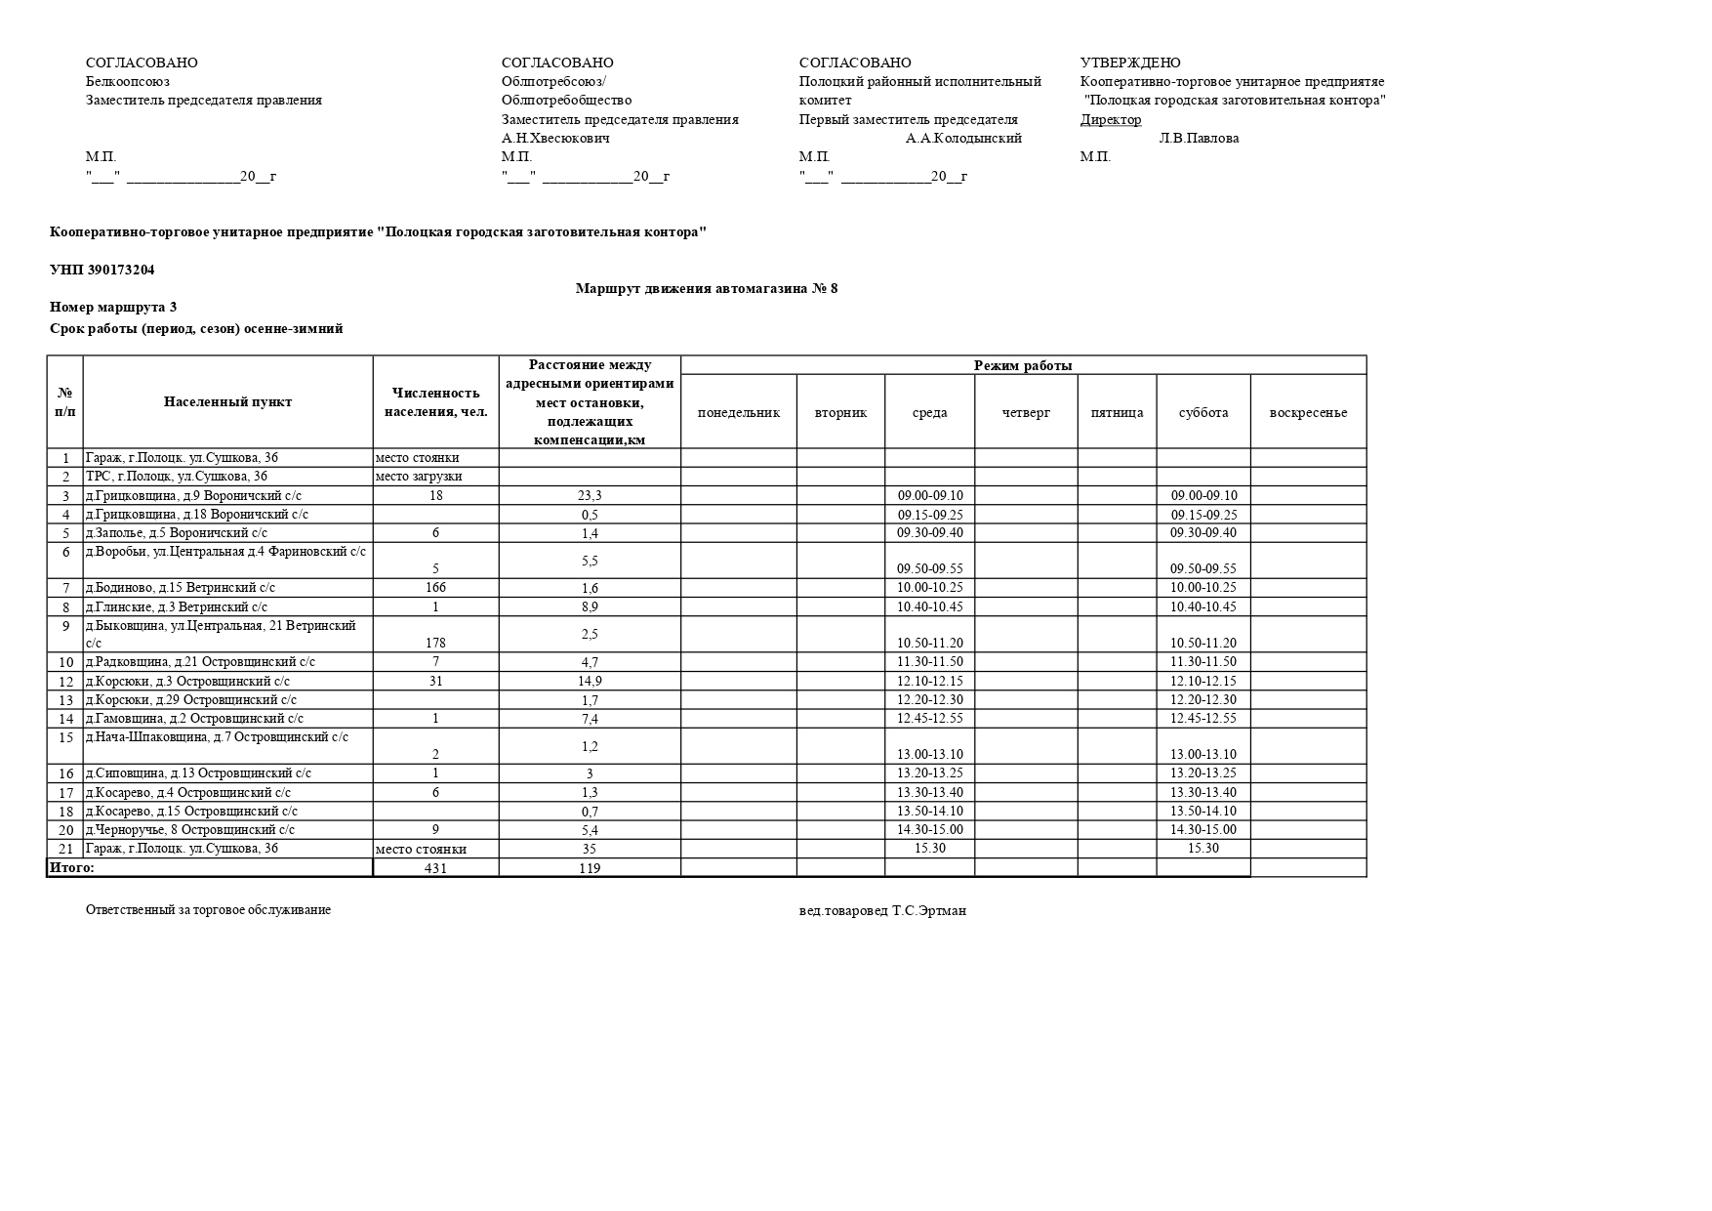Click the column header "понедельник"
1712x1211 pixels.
tap(738, 412)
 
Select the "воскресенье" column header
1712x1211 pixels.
tap(1308, 412)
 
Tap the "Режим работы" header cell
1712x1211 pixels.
tap(1023, 365)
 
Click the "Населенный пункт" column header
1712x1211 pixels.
tap(227, 401)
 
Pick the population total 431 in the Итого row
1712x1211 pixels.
tap(435, 868)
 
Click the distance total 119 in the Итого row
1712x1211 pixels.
tap(590, 868)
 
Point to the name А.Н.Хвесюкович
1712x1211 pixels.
tap(555, 138)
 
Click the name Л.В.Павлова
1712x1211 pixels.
tap(1199, 138)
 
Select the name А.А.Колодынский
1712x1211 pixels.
tap(963, 138)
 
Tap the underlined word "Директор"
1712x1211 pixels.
tap(1111, 119)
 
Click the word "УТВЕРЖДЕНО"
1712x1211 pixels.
tap(1130, 63)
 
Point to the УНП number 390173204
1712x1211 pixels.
tap(102, 270)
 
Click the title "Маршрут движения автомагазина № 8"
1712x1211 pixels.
tap(707, 288)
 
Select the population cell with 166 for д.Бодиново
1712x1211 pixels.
tap(435, 588)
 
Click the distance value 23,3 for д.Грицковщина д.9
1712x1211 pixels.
tap(590, 496)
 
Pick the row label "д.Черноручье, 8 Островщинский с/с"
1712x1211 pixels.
tap(190, 829)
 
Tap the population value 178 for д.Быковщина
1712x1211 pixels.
tap(435, 643)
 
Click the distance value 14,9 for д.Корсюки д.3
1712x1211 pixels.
tap(590, 682)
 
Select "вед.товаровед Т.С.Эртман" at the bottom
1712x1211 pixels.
tap(882, 910)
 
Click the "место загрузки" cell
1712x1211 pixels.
tap(419, 477)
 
